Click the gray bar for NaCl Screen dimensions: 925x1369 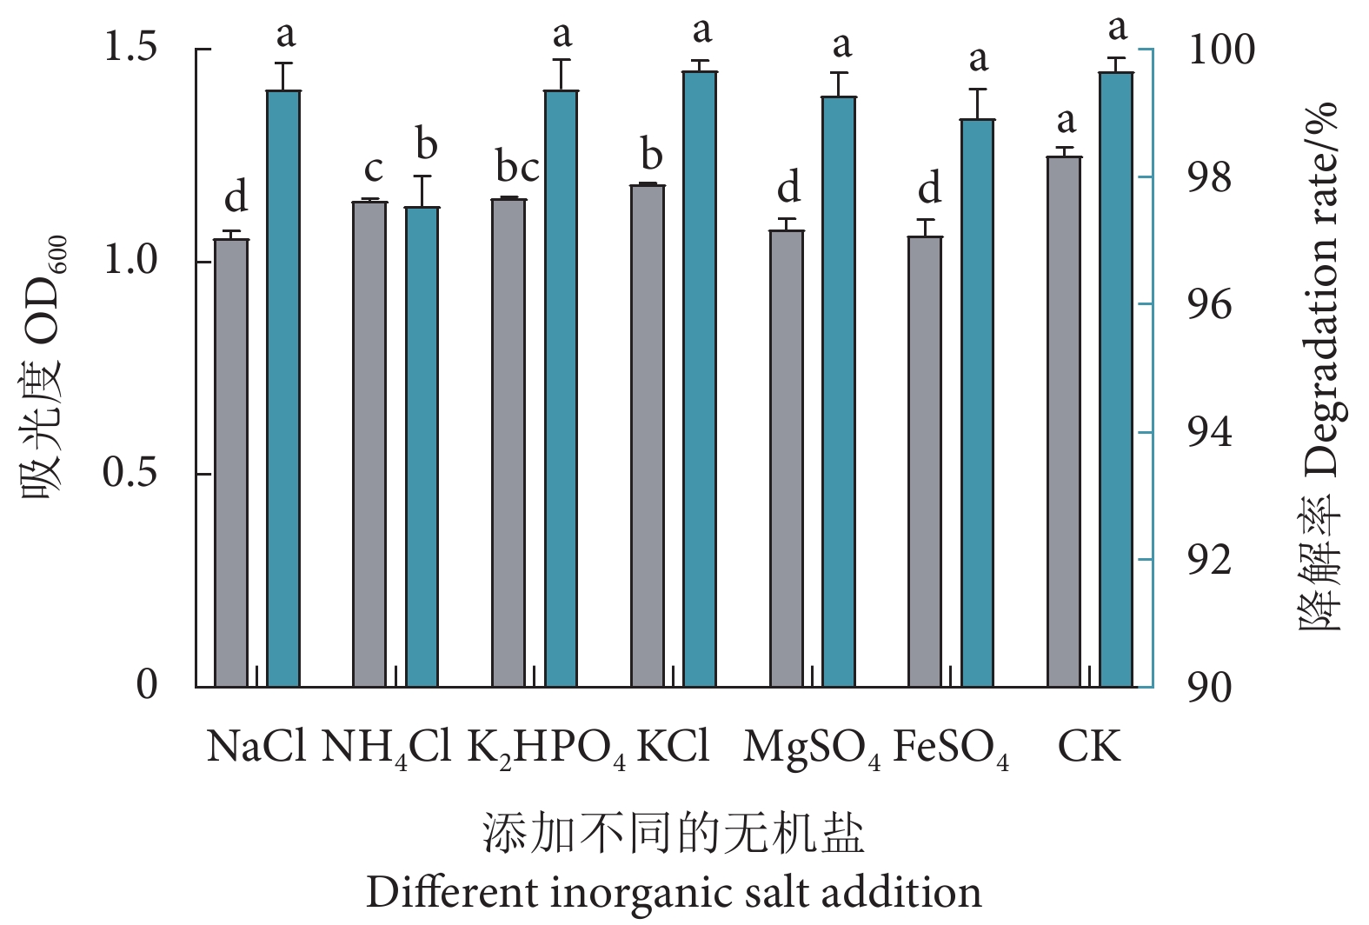[231, 462]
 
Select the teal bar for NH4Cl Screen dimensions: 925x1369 [422, 447]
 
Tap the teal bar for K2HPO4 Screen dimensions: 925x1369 [562, 389]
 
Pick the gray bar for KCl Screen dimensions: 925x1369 [648, 436]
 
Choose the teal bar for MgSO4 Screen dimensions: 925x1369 [839, 391]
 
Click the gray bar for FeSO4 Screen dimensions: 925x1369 [925, 462]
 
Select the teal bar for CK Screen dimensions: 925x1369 [1116, 380]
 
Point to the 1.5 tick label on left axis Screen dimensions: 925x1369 [130, 47]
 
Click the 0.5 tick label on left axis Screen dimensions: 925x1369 [130, 473]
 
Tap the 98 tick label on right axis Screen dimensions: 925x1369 [1210, 178]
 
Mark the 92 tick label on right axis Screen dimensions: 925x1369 [1210, 561]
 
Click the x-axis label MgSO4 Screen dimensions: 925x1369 [812, 749]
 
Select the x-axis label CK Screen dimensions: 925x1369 [1089, 747]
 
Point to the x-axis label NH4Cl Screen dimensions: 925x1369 [386, 749]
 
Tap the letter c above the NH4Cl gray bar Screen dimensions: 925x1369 [373, 169]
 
